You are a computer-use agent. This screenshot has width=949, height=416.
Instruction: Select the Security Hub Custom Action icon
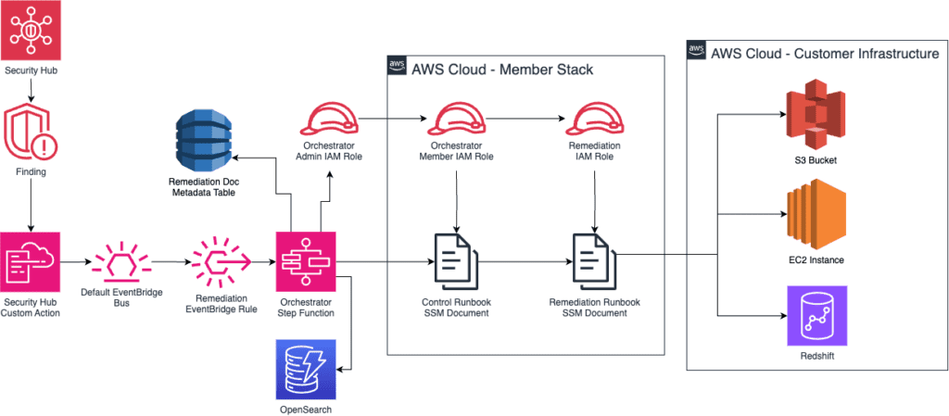(32, 262)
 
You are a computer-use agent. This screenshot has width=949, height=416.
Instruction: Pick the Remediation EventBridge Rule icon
(220, 262)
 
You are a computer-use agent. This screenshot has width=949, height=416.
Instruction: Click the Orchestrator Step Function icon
(306, 262)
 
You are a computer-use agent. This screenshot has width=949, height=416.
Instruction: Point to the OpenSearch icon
(306, 369)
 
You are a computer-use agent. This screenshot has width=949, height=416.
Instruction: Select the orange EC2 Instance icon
(812, 217)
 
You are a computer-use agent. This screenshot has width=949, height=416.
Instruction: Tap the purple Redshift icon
(812, 315)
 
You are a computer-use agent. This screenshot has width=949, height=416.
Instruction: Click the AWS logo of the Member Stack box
(397, 66)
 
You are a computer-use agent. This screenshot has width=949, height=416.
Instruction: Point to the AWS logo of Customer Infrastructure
(697, 51)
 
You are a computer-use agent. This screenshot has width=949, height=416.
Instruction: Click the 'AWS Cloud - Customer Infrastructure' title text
(825, 54)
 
